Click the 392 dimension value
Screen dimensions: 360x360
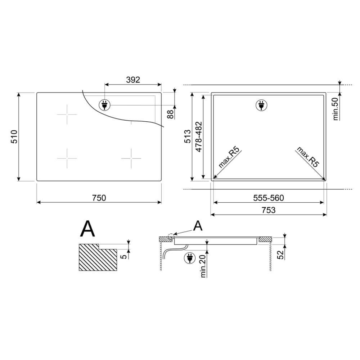coord(133,80)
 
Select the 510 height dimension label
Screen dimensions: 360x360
coord(14,136)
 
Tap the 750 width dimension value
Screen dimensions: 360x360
coord(99,198)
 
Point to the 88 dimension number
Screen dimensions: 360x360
coord(170,114)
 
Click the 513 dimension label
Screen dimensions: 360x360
coord(188,136)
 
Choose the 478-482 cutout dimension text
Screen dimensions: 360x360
coord(199,136)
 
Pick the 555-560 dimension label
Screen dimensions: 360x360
coord(269,198)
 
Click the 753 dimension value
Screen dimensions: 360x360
coord(269,210)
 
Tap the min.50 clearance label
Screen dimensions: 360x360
coord(336,109)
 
